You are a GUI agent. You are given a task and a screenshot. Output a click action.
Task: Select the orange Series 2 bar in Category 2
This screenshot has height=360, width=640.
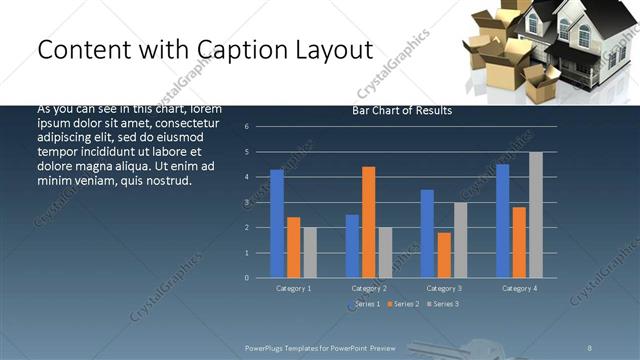tap(368, 222)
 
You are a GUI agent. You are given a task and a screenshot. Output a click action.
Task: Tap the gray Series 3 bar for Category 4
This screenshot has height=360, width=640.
tap(536, 215)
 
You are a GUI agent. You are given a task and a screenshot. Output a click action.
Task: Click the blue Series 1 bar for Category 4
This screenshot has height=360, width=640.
tap(502, 221)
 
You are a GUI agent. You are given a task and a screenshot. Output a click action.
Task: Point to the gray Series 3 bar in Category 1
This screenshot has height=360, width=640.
tap(310, 252)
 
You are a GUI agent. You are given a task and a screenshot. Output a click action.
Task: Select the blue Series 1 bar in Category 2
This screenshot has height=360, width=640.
tap(352, 246)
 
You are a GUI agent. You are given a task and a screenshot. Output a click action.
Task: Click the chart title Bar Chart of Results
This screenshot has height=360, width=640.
tap(402, 111)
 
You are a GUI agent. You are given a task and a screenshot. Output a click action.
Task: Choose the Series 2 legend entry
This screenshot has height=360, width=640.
tap(403, 304)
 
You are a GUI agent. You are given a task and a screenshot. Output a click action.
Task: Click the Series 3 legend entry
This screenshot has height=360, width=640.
tap(442, 304)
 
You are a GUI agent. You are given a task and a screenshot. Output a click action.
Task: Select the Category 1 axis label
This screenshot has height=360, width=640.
tap(294, 288)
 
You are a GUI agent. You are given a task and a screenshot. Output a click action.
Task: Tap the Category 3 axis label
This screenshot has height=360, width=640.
tap(443, 288)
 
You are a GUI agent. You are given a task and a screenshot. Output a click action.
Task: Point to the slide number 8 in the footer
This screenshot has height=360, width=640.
tap(590, 347)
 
